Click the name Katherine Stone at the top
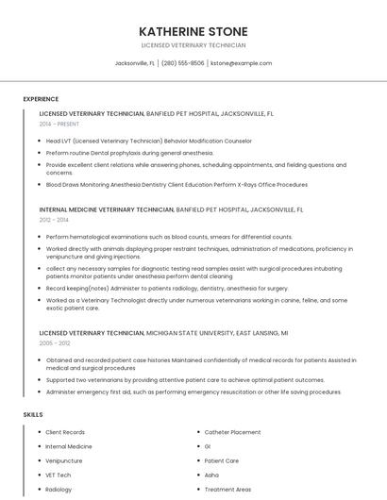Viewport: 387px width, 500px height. [193, 31]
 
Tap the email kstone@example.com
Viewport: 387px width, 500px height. [241, 63]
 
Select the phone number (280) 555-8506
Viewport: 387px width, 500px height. [183, 63]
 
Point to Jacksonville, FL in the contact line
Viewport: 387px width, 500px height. [135, 63]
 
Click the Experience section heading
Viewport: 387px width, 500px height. [41, 99]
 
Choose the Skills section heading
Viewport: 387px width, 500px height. [33, 414]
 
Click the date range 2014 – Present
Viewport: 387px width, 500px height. [59, 124]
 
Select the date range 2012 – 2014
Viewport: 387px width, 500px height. [54, 220]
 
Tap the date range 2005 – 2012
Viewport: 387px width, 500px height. [54, 343]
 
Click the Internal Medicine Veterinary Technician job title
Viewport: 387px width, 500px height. [107, 209]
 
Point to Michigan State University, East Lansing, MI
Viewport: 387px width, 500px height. [217, 333]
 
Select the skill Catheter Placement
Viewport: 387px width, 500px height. [232, 432]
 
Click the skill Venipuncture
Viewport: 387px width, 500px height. [64, 461]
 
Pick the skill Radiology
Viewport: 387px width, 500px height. [59, 490]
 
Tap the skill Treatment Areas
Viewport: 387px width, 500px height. [227, 490]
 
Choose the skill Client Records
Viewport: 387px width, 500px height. [65, 432]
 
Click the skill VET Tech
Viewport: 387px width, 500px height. [59, 475]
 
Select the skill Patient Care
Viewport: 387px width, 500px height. [222, 461]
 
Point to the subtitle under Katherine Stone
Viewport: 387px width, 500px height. [193, 44]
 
